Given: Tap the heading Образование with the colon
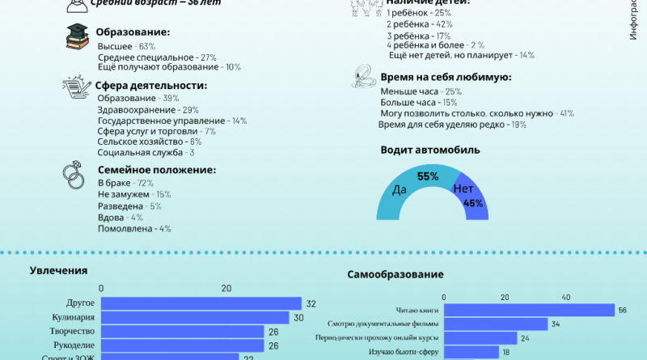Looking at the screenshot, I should [133, 32].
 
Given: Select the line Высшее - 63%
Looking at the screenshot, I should [126, 47].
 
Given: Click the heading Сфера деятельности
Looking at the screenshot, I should [151, 85].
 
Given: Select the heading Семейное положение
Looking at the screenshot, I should [156, 170].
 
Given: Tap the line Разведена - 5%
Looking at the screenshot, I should [129, 206].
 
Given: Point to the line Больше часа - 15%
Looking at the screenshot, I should [418, 103].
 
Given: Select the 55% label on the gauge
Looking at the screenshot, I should [427, 176].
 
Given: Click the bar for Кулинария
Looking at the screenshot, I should [194, 318].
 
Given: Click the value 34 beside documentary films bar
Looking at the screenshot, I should [555, 324].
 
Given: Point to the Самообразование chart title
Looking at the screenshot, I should [395, 275].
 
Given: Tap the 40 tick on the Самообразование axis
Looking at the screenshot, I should [565, 296].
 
